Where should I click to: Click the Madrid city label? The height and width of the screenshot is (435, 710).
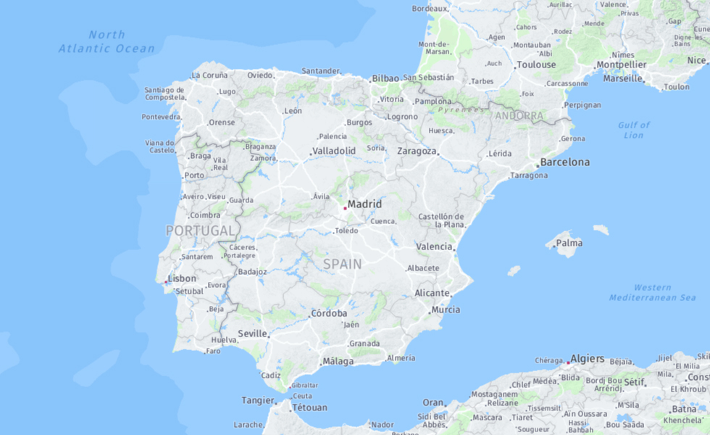[364, 204]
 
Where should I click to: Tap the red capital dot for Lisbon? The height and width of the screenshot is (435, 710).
[167, 281]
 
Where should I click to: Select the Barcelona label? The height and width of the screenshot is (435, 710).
[565, 162]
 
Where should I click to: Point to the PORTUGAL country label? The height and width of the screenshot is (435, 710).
[201, 231]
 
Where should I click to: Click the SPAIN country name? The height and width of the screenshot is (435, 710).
[342, 264]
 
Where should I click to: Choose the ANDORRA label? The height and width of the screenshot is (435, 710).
[519, 115]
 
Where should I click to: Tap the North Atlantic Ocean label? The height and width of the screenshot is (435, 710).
[106, 41]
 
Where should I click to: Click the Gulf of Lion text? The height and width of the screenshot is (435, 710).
[633, 130]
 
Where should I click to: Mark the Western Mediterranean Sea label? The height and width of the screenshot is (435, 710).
[652, 292]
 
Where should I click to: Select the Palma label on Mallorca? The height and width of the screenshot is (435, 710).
[569, 243]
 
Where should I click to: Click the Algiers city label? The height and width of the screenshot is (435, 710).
[587, 358]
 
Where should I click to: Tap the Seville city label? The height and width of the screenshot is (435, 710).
[253, 333]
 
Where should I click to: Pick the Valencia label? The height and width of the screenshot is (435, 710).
[434, 246]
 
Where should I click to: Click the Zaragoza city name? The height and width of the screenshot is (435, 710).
[417, 151]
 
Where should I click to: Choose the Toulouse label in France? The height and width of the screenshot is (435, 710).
[536, 65]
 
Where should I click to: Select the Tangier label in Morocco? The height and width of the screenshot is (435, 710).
[258, 400]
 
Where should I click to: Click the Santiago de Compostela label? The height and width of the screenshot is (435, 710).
[164, 93]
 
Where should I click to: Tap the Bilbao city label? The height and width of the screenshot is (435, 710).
[385, 78]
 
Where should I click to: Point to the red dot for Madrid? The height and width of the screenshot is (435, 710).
[345, 208]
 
